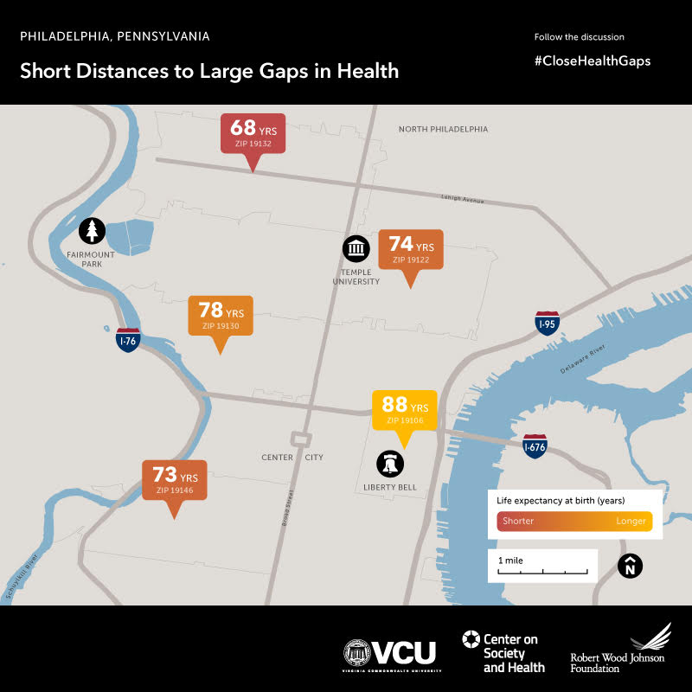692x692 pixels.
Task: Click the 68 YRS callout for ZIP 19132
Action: click(x=253, y=133)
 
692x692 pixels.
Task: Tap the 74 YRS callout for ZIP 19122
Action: click(x=411, y=249)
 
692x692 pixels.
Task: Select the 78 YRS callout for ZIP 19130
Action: click(x=221, y=316)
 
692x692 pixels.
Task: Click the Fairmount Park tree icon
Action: click(x=93, y=231)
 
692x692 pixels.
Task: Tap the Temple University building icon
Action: click(x=356, y=249)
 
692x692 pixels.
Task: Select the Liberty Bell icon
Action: click(x=390, y=464)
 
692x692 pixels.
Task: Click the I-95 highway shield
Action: click(x=547, y=324)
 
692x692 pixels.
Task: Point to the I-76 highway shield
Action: click(x=128, y=340)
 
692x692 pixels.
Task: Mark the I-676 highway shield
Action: click(x=535, y=445)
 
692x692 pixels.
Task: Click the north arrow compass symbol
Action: click(x=631, y=567)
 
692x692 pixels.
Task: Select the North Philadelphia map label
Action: click(x=443, y=129)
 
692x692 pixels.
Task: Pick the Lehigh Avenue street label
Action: click(x=461, y=198)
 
